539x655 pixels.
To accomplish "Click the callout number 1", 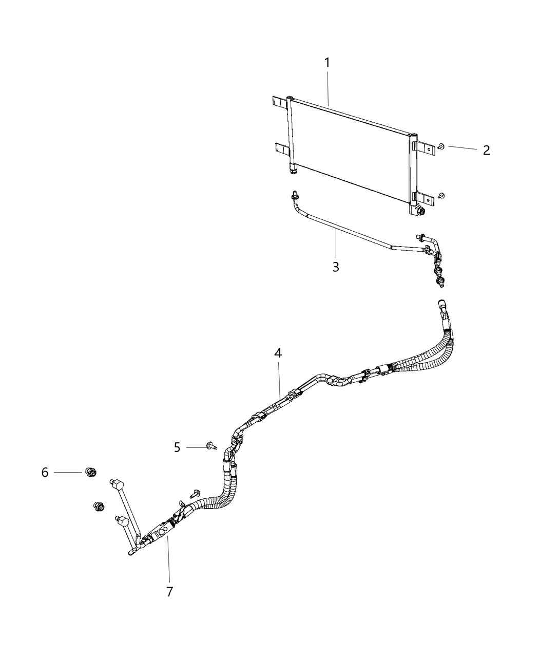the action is [327, 63].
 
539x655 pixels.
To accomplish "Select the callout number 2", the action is [486, 151].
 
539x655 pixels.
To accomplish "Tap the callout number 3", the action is [336, 267].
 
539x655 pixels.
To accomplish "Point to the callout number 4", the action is [278, 353].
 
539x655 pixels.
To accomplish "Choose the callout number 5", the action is [177, 447].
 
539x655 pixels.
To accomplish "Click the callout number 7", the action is [169, 592].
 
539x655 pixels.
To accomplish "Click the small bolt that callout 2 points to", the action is [441, 146].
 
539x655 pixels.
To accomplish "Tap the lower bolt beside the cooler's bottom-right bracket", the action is [441, 195].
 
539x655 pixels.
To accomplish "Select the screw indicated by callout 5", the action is [212, 446].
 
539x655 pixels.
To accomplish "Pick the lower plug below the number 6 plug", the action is [99, 515].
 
